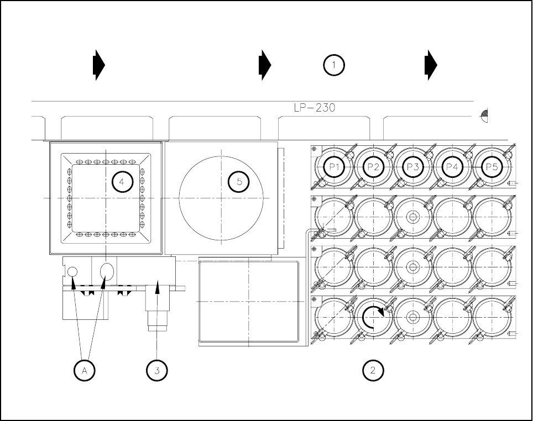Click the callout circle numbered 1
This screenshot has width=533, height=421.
pos(334,65)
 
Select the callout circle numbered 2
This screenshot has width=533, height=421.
pos(373,370)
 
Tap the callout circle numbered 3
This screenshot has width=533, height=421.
pos(157,370)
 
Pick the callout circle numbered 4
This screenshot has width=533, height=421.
pos(123,182)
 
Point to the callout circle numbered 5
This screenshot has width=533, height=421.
pos(239,182)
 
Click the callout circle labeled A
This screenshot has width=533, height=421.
pos(85,370)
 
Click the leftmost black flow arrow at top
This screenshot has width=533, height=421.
pos(98,65)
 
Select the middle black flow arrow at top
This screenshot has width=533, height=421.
pos(265,65)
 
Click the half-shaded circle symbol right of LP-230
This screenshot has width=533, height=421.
pos(485,115)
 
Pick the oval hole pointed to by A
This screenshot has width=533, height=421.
pos(107,271)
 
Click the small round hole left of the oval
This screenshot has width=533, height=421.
pos(72,271)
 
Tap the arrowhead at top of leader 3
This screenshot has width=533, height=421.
pos(158,286)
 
